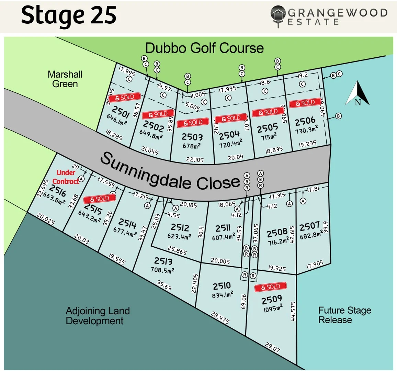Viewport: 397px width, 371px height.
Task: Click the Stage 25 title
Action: click(x=69, y=15)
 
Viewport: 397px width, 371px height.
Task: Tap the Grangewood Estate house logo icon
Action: click(x=278, y=15)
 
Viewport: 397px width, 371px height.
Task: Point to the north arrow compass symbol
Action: click(x=358, y=93)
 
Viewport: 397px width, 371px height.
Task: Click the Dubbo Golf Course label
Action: click(x=204, y=48)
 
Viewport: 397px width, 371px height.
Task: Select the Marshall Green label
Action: click(x=65, y=79)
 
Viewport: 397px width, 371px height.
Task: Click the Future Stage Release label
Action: click(x=344, y=315)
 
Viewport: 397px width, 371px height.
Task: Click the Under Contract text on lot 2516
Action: click(x=66, y=177)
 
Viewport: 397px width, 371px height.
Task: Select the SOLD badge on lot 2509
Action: click(x=271, y=287)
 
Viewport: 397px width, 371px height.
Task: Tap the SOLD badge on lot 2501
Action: click(x=125, y=97)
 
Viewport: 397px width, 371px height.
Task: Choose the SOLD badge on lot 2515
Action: click(x=100, y=199)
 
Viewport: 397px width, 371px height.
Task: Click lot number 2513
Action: click(x=163, y=261)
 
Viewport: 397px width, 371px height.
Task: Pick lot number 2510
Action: click(x=222, y=286)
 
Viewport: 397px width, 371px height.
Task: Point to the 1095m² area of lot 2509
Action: click(x=273, y=308)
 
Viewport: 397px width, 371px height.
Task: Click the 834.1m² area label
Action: click(x=222, y=295)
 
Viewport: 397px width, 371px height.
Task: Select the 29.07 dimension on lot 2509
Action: click(x=272, y=347)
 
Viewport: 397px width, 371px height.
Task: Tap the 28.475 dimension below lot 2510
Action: click(x=220, y=317)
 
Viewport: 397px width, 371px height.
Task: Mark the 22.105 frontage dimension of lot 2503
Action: click(x=195, y=159)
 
